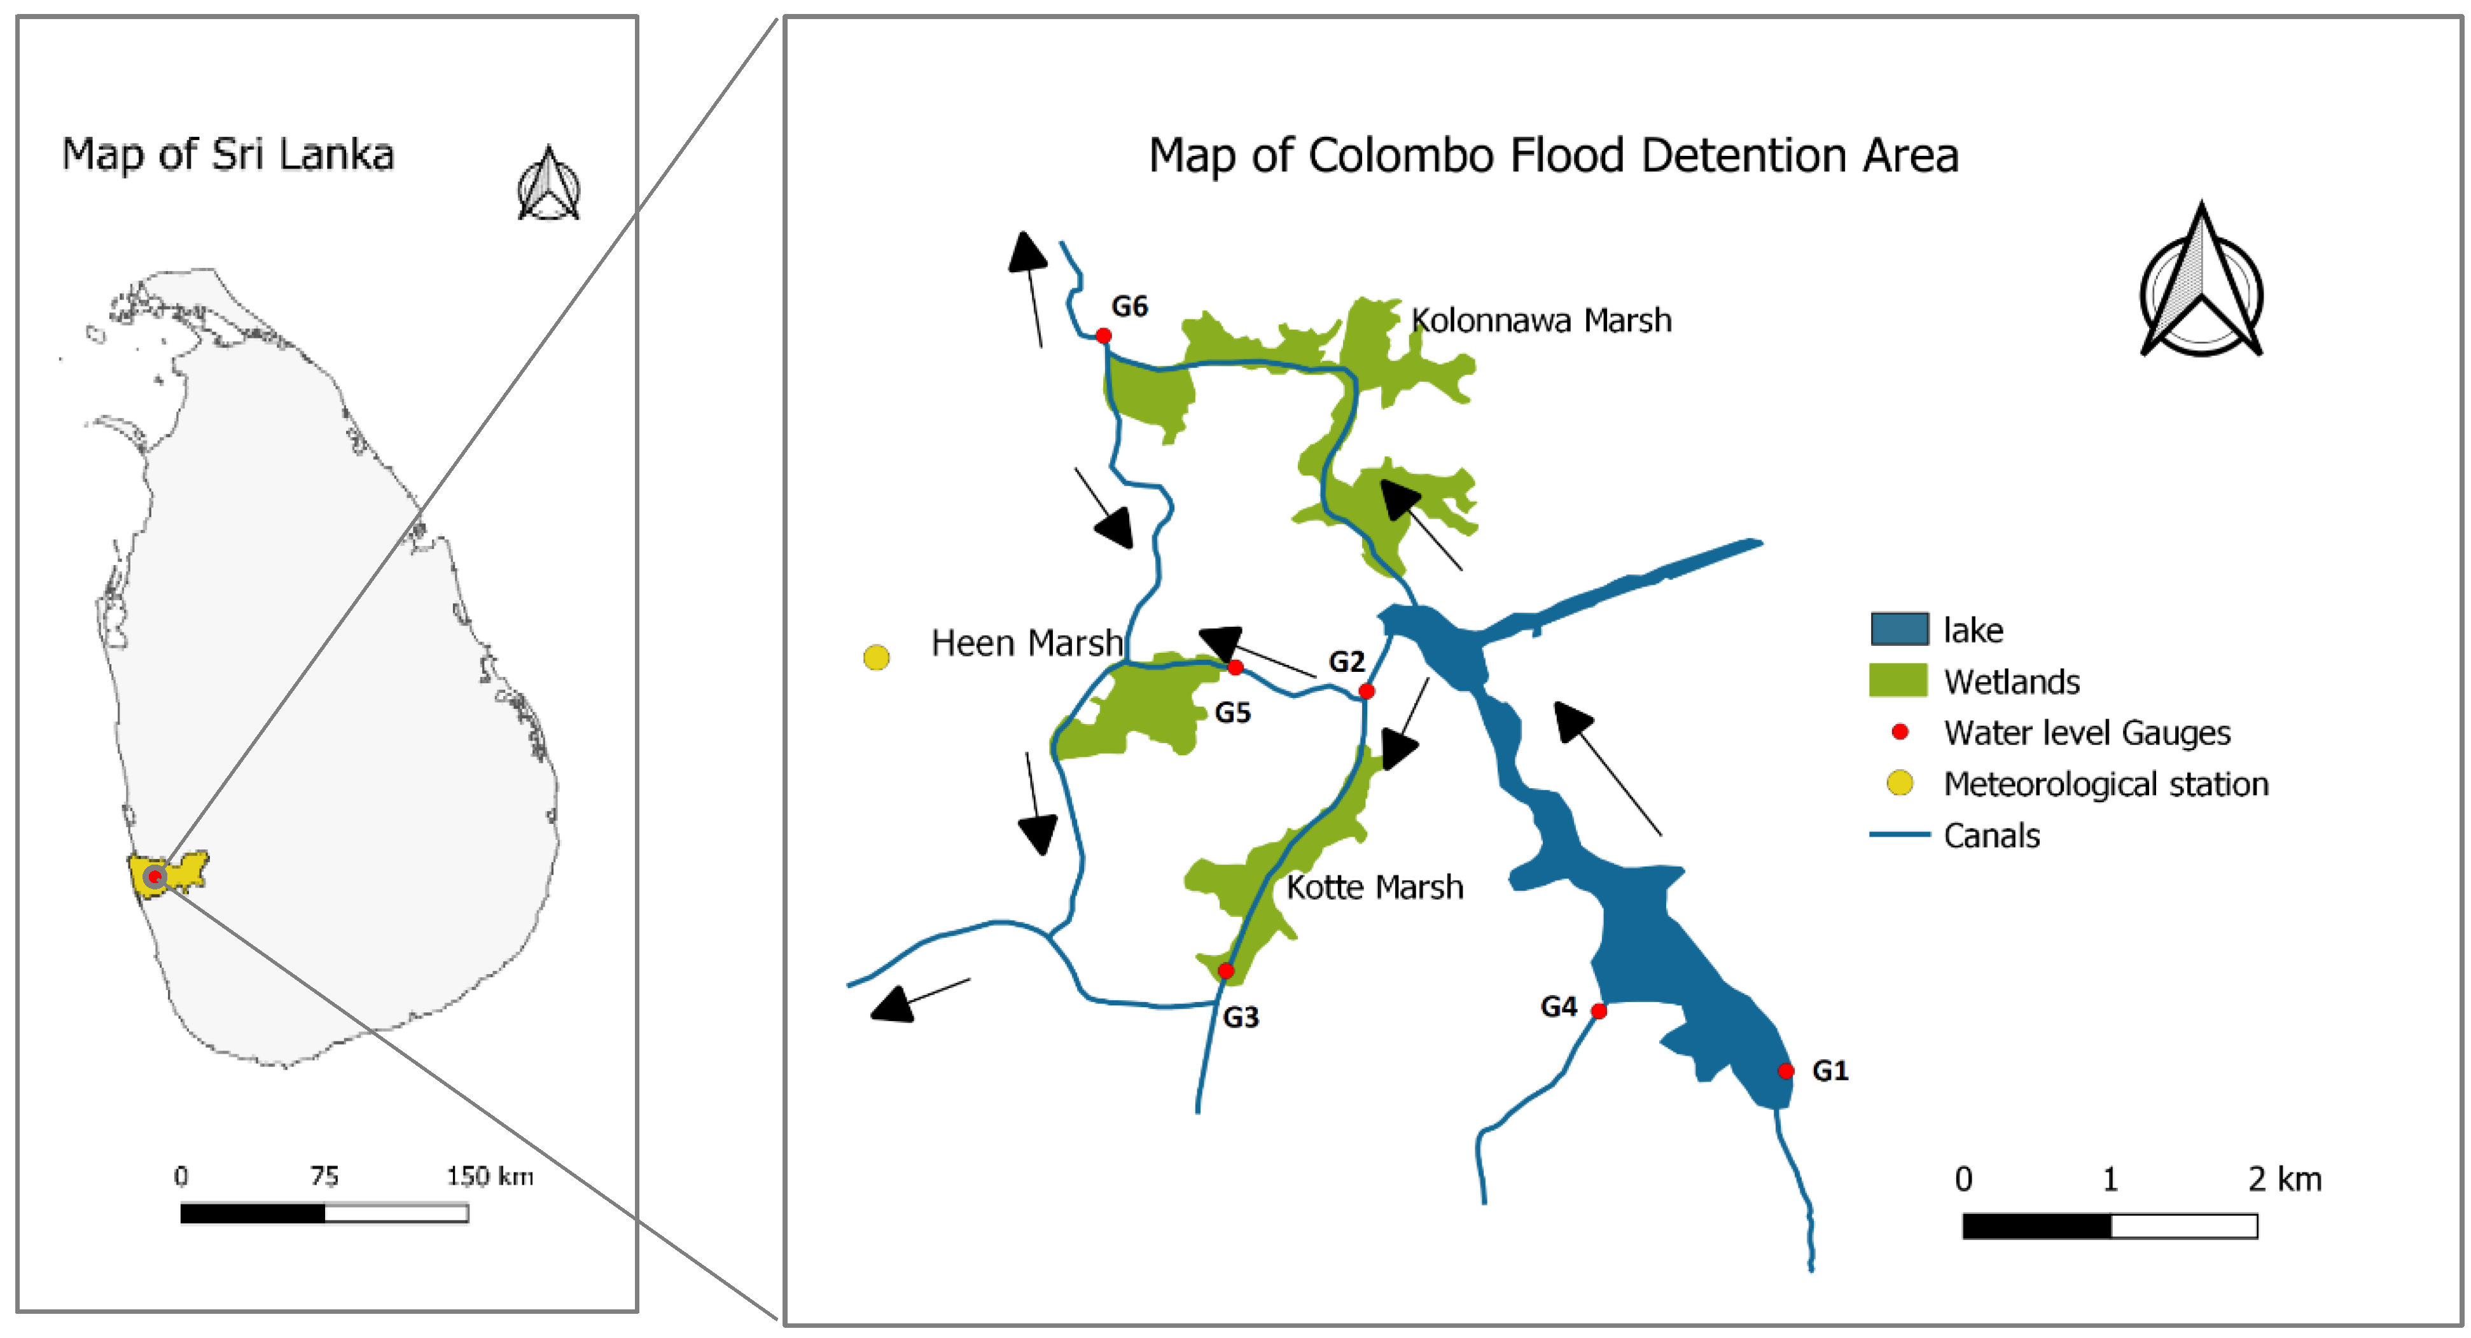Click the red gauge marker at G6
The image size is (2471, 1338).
(x=1103, y=336)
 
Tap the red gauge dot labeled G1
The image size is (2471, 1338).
(x=1785, y=1071)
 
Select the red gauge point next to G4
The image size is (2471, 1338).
(x=1599, y=1011)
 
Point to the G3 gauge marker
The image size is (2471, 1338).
(x=1226, y=972)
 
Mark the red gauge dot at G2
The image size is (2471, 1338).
(x=1367, y=692)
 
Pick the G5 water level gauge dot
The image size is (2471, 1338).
(x=1235, y=667)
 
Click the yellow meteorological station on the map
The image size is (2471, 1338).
(x=877, y=658)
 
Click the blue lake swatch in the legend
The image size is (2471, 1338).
(x=1899, y=629)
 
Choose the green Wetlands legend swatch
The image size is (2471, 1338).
(x=1899, y=681)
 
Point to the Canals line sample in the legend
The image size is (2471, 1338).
(x=1899, y=835)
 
